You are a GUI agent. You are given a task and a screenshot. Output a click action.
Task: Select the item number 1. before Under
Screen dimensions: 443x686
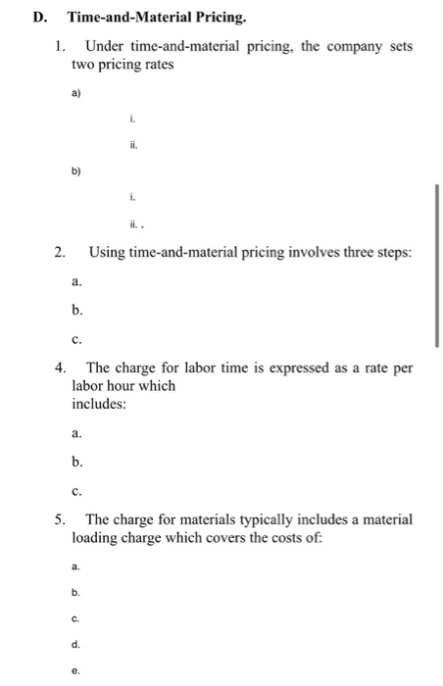point(61,46)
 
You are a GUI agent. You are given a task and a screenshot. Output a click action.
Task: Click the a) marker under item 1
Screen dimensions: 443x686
point(75,95)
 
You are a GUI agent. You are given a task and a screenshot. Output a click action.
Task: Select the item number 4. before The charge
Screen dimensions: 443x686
point(61,368)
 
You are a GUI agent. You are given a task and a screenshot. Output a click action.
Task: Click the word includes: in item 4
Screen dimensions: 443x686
point(99,403)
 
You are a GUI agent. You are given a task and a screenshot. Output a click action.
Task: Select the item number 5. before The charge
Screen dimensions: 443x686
point(61,517)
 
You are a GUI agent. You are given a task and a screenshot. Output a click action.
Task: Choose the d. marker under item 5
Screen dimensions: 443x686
point(75,644)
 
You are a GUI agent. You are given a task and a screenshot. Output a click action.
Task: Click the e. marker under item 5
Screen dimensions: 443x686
point(75,671)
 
